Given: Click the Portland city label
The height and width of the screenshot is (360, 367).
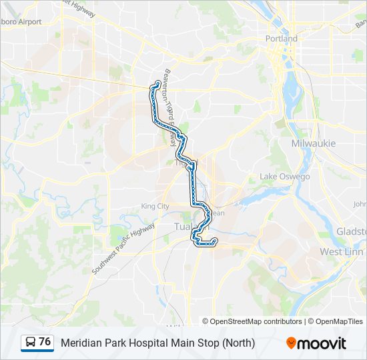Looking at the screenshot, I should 282,39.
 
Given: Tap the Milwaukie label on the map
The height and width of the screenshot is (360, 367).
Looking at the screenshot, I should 313,143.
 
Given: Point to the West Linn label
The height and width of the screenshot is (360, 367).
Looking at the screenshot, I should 340,251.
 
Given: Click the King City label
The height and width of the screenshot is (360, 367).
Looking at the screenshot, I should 155,207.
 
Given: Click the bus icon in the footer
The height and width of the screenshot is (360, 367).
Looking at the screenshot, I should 31,343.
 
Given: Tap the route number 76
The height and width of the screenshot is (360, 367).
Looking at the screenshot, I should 45,342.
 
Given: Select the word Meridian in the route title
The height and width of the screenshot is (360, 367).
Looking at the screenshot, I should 82,343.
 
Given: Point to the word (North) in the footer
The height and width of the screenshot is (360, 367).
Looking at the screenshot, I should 239,343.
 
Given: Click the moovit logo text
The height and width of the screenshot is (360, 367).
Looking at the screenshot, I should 322,343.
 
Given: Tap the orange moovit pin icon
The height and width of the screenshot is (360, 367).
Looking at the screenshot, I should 291,343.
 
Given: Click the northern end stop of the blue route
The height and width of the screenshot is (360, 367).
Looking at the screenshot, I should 157,83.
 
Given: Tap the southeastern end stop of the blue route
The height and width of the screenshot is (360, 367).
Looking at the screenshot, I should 214,241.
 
